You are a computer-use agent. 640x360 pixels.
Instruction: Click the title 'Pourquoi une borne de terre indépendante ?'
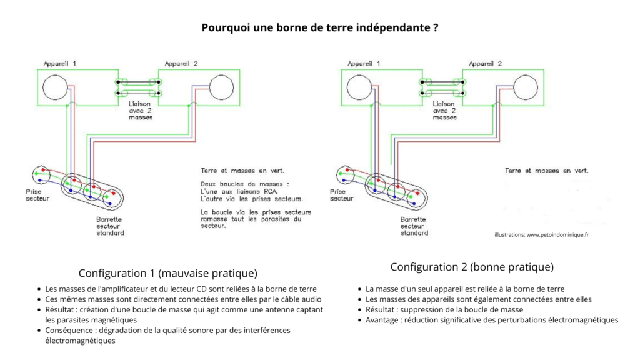point(319,27)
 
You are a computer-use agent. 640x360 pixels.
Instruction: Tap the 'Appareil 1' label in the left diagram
point(60,64)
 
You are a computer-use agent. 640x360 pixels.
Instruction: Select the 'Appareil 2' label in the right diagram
point(486,64)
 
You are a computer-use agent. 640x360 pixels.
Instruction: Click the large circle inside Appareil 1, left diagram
point(55,87)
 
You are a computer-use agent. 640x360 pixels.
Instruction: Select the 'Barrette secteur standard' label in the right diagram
point(414,226)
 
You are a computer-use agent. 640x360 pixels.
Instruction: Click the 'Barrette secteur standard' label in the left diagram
point(110,226)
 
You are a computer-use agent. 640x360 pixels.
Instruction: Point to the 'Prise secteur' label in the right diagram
point(341,194)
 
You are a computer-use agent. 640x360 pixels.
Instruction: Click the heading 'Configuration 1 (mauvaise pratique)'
point(168,274)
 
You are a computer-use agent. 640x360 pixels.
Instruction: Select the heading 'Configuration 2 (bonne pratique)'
point(472,267)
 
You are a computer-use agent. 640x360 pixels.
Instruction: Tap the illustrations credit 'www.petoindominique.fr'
point(541,235)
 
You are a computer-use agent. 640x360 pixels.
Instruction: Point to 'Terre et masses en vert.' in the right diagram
point(546,170)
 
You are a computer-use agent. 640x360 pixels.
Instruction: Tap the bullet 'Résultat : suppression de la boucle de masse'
point(444,310)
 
